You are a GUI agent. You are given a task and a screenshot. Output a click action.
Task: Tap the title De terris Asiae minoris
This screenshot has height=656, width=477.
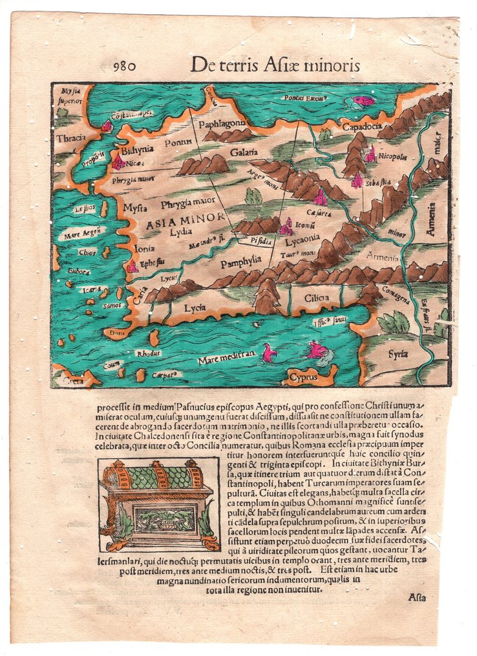coord(275,65)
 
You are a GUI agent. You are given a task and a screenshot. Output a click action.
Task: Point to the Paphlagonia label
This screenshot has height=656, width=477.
coord(222,123)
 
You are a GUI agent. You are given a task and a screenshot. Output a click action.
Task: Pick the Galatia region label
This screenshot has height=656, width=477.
coord(242,152)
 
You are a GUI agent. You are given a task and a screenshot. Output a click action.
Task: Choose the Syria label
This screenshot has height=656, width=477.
coord(398,354)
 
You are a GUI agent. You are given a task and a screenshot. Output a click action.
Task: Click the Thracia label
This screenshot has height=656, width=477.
coord(70,138)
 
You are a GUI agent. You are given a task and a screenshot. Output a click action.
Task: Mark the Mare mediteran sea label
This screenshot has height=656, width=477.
coord(224,354)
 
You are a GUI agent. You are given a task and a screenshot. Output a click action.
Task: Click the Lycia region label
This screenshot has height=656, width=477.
coord(195,308)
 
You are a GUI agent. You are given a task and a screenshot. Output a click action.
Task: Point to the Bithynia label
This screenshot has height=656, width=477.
coord(136,149)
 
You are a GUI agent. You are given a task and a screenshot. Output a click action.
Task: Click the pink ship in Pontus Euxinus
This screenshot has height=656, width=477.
coord(363,101)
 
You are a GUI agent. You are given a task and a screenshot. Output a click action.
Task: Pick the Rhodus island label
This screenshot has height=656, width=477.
coord(148,353)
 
